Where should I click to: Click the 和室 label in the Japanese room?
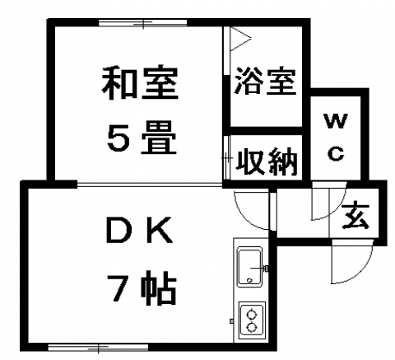tap(140, 82)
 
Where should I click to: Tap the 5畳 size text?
tap(142, 138)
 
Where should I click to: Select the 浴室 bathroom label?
tap(265, 81)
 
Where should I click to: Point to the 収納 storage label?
tap(267, 162)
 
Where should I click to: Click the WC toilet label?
tap(336, 138)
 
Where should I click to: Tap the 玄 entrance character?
tap(355, 215)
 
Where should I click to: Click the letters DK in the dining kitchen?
tap(140, 231)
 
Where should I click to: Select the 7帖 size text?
tap(142, 288)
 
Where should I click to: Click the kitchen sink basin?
tap(249, 267)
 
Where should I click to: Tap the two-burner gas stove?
tap(252, 320)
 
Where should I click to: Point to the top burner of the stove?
tap(251, 314)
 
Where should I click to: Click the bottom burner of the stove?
tap(251, 327)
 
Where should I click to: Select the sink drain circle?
tap(249, 280)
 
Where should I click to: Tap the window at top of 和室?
tap(142, 22)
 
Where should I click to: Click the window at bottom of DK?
tap(98, 348)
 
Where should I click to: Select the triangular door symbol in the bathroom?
tap(240, 39)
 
